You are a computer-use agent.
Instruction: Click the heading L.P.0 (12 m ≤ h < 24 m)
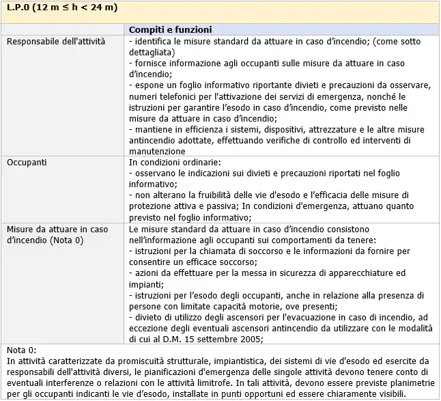(62, 8)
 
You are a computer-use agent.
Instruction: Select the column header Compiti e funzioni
(170, 30)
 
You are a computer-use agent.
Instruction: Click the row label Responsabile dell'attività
(56, 42)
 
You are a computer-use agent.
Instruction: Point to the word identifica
(154, 42)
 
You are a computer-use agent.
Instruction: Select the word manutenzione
(156, 151)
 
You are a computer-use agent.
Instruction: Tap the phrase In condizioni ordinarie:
(175, 163)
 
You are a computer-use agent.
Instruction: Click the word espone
(150, 85)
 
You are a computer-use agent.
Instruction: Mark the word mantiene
(154, 129)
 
